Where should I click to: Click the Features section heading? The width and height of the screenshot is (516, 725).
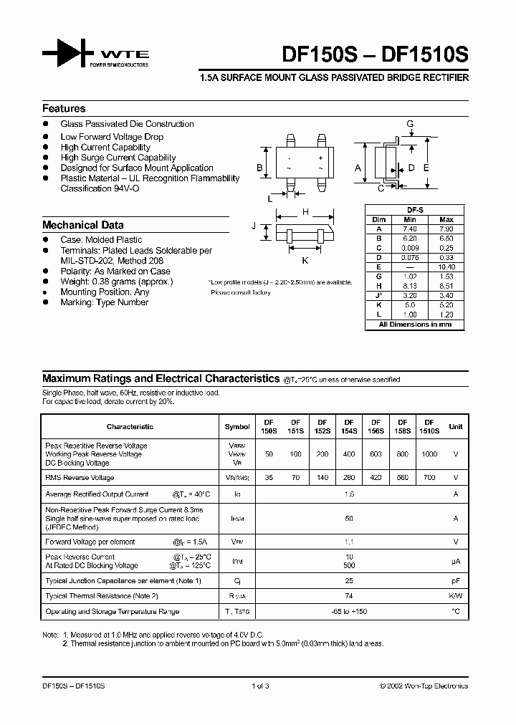[64, 109]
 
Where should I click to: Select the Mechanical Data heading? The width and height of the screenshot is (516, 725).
[82, 225]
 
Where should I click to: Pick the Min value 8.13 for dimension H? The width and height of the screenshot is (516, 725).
[409, 284]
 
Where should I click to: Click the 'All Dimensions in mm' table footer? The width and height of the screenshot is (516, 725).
[415, 325]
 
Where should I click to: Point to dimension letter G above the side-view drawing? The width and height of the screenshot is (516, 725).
[410, 124]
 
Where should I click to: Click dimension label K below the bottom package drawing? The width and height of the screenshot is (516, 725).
[305, 260]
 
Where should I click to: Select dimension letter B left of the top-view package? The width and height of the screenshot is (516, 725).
[260, 168]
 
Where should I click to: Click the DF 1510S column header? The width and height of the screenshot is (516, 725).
[429, 426]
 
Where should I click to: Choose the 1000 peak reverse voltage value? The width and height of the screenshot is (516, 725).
[429, 454]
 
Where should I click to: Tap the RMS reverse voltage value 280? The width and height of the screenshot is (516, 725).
[349, 478]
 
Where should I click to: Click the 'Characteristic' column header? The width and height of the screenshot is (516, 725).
[130, 427]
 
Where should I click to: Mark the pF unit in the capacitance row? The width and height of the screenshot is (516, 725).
[455, 580]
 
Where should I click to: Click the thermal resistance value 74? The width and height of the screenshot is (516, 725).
[349, 596]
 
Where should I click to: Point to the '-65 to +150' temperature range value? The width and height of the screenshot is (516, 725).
[349, 612]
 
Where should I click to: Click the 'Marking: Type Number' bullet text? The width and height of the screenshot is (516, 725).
[104, 302]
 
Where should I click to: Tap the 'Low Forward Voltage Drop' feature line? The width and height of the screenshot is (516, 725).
[112, 137]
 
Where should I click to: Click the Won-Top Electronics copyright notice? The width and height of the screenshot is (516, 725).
[424, 686]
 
